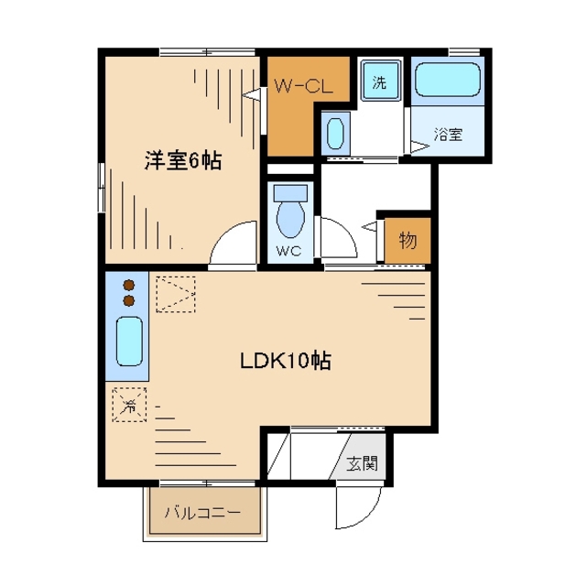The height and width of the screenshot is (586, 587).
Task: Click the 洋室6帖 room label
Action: click(x=183, y=160)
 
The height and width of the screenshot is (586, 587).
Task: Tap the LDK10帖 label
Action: click(x=286, y=361)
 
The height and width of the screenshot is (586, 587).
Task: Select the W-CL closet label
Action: click(x=303, y=86)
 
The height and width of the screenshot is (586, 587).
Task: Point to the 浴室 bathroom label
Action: click(x=448, y=134)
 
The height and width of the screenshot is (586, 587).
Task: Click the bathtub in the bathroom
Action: click(x=448, y=80)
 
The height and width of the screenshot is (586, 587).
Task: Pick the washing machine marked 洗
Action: click(x=380, y=81)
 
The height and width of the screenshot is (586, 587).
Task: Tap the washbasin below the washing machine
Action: click(x=335, y=133)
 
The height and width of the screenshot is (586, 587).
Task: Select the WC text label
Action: click(x=289, y=251)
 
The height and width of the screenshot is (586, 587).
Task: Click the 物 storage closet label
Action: click(x=408, y=240)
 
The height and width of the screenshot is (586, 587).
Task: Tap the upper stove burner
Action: click(x=129, y=286)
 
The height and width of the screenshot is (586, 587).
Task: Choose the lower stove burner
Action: click(x=129, y=300)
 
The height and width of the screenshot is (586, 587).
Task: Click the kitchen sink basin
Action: click(x=129, y=342)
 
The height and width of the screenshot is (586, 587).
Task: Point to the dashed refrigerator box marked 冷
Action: click(x=129, y=405)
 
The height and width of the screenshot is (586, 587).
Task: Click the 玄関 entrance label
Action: click(x=362, y=464)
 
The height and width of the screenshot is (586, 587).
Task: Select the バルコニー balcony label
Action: click(x=202, y=512)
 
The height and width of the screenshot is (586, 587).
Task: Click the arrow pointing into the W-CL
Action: click(x=251, y=94)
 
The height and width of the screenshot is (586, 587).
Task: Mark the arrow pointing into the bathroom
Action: click(x=419, y=146)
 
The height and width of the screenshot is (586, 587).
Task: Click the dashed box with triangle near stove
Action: click(x=176, y=294)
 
